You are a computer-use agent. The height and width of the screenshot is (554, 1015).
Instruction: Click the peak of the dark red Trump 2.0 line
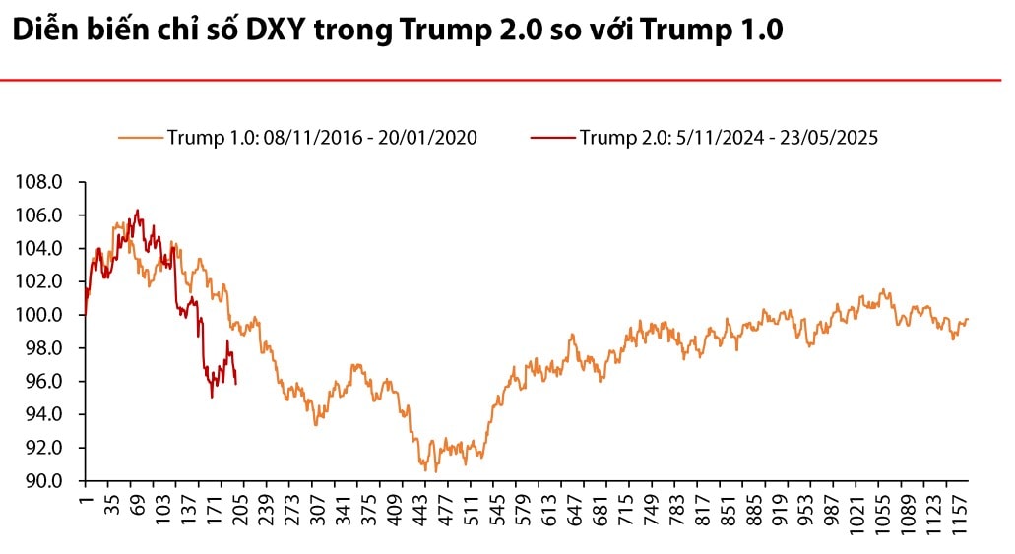pyautogui.click(x=137, y=210)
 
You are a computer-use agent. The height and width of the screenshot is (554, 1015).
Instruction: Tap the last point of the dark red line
pyautogui.click(x=235, y=384)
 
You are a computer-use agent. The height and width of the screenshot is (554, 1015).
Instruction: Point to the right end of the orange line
pyautogui.click(x=969, y=319)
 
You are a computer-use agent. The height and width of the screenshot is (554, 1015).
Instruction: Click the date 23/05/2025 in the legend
pyautogui.click(x=833, y=138)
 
